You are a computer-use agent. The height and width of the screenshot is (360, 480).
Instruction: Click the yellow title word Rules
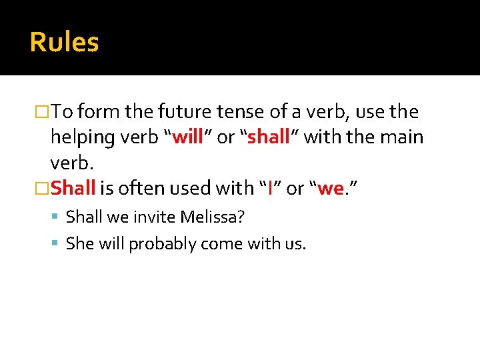(x=64, y=42)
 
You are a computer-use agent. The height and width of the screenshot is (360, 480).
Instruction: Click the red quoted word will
(x=188, y=137)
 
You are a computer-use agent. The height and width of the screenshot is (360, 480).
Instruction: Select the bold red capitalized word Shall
(x=73, y=188)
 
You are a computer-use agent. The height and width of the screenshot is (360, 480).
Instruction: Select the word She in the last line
(x=80, y=244)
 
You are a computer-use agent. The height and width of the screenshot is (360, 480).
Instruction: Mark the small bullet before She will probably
(x=57, y=244)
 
